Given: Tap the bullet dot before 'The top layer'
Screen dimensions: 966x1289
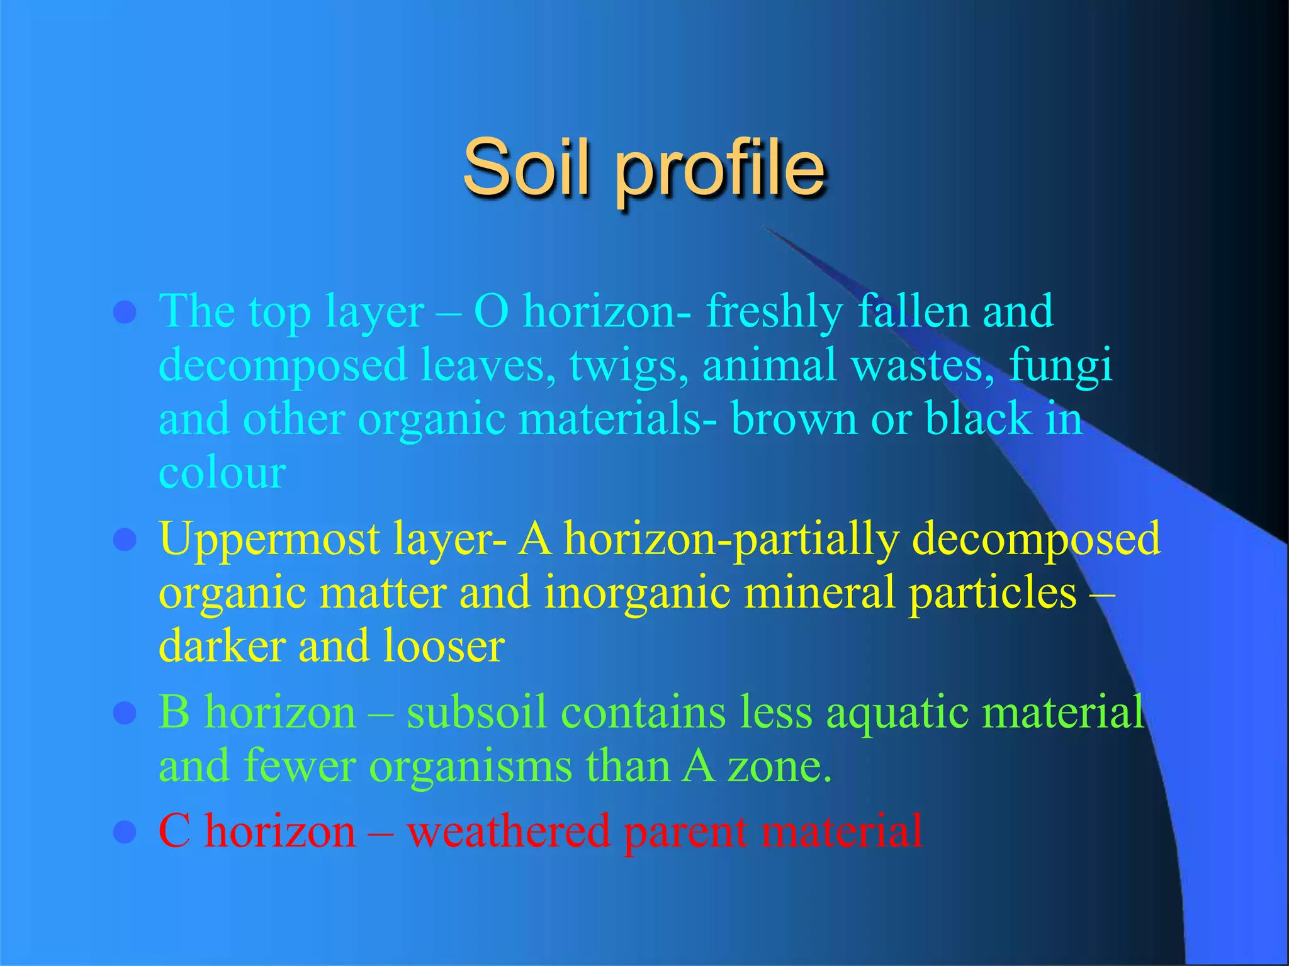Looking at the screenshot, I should [125, 312].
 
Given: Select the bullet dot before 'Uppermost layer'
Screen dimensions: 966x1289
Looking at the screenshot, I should [125, 540].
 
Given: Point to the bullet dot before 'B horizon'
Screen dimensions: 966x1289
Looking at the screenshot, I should [125, 713].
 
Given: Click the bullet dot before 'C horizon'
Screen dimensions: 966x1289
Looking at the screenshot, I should [125, 832].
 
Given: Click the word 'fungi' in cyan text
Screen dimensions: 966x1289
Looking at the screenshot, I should [1061, 367].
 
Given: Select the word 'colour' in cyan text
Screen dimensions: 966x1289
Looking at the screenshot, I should [222, 473].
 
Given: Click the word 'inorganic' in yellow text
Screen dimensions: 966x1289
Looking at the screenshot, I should [636, 593].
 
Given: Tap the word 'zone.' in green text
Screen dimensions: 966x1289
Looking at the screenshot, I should [780, 767].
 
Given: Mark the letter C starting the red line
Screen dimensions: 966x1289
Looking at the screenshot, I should [174, 831].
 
